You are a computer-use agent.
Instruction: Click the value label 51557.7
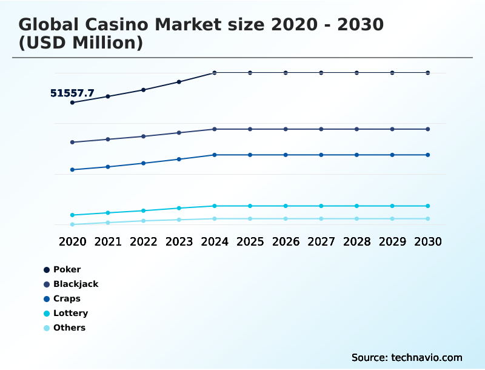(x=72, y=93)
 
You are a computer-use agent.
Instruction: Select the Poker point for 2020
(x=72, y=103)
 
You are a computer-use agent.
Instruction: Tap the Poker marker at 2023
(x=179, y=82)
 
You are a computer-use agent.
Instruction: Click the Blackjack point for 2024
(x=215, y=129)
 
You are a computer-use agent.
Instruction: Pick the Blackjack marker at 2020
(x=72, y=143)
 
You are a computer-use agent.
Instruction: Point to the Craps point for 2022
(x=144, y=163)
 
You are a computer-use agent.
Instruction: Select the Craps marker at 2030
(x=428, y=155)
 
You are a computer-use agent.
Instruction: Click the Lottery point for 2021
(x=108, y=213)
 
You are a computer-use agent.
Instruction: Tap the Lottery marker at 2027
(x=321, y=206)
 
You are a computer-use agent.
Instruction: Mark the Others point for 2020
(x=72, y=224)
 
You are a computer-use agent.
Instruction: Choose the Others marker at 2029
(x=392, y=218)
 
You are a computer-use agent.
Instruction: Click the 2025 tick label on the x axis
(x=250, y=241)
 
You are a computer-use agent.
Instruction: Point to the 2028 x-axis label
(x=356, y=241)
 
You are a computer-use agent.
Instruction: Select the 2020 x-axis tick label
(x=72, y=241)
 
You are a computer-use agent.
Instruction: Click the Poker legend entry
(x=67, y=269)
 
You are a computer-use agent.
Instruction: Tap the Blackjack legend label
(x=76, y=284)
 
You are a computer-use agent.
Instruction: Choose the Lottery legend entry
(x=70, y=313)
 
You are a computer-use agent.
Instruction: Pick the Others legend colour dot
(x=47, y=328)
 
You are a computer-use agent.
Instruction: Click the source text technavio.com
(x=427, y=357)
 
